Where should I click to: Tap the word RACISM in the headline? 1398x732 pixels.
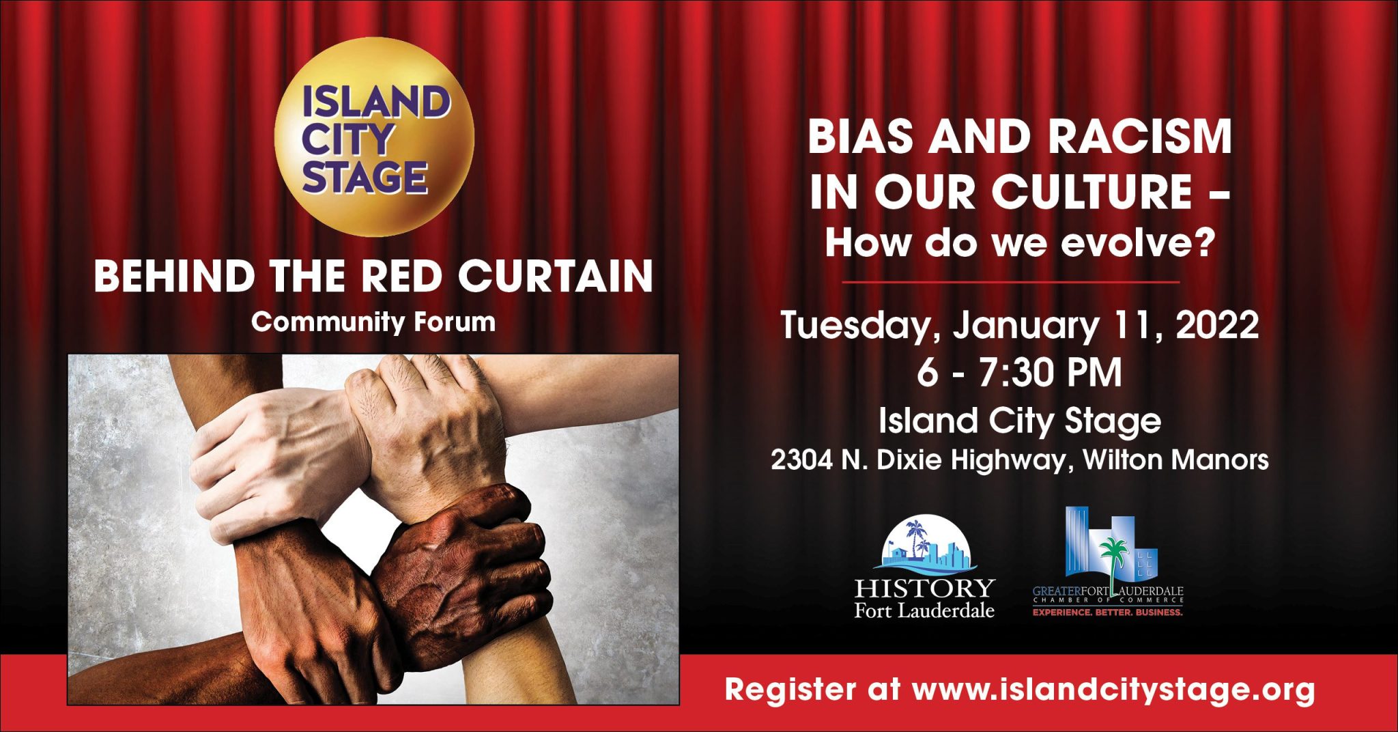(1139, 137)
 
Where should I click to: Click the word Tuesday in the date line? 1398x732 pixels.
(856, 325)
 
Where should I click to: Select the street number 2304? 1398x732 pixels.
(802, 460)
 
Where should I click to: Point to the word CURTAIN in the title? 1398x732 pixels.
(555, 277)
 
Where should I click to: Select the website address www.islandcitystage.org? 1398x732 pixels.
(1113, 690)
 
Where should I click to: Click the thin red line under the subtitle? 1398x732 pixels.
(1010, 281)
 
